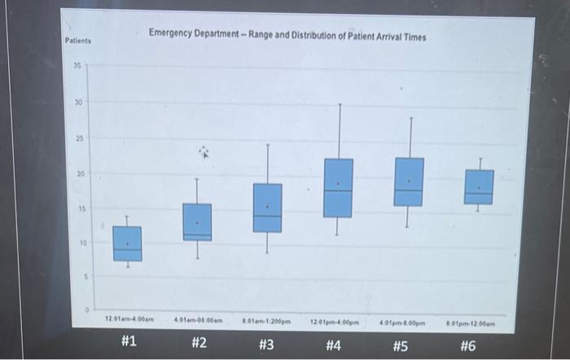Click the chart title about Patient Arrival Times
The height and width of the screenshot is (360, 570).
(x=287, y=37)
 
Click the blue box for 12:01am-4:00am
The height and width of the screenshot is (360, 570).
(x=127, y=244)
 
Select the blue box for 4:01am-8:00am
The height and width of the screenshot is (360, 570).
(x=197, y=222)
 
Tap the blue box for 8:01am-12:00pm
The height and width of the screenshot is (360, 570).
(x=267, y=208)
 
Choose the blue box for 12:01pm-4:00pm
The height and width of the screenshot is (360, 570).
(x=338, y=187)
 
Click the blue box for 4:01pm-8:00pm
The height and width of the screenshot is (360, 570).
(x=409, y=182)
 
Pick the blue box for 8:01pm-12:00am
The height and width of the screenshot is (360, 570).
(x=479, y=187)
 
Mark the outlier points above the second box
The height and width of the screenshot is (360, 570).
(x=204, y=152)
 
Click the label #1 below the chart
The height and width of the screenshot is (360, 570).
(x=128, y=343)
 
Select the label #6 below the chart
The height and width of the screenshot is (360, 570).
(x=467, y=345)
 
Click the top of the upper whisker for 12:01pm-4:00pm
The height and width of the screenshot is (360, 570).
(x=340, y=104)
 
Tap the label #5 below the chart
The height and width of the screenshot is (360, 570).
(x=399, y=345)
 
